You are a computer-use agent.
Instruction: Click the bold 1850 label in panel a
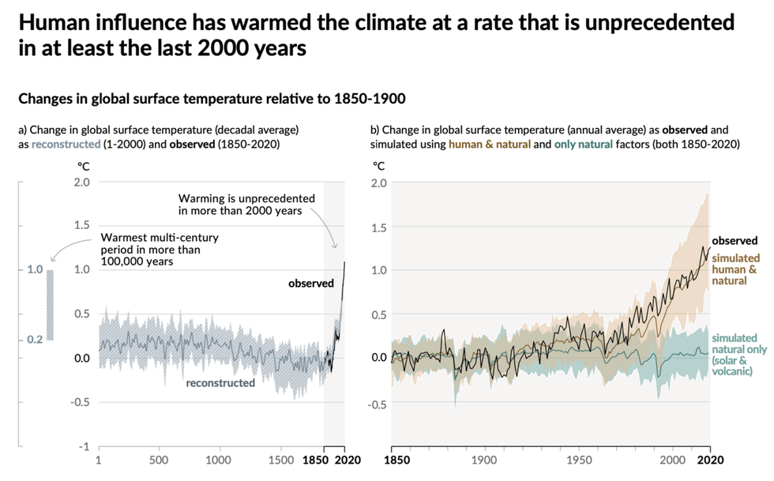pyautogui.click(x=317, y=460)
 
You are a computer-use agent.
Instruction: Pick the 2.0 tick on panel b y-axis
pyautogui.click(x=378, y=182)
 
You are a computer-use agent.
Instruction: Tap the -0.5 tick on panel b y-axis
pyautogui.click(x=377, y=404)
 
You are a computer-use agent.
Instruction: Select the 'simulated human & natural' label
pyautogui.click(x=736, y=269)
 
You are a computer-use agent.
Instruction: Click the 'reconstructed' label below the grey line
pyautogui.click(x=220, y=383)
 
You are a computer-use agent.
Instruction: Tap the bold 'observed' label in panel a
pyautogui.click(x=310, y=284)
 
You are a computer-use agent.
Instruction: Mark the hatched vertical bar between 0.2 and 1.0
pyautogui.click(x=50, y=305)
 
